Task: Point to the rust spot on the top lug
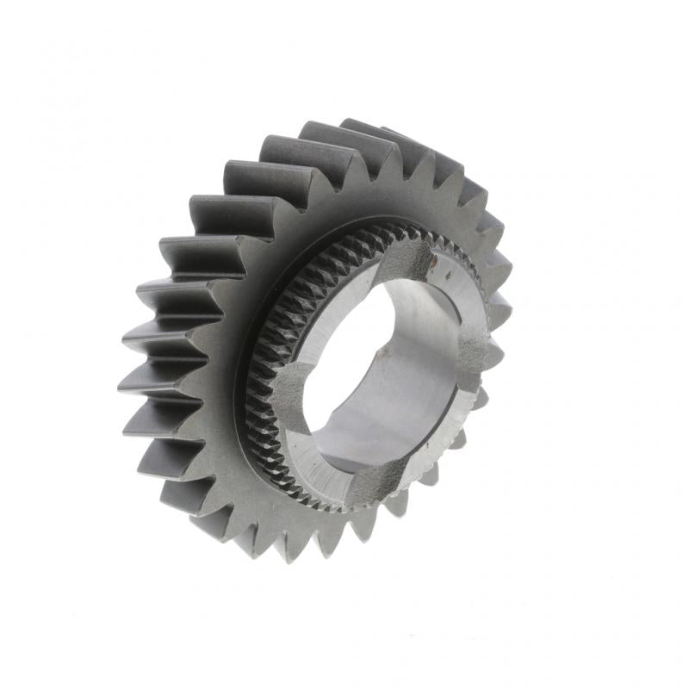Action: click(433, 258)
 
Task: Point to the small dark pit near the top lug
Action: click(448, 276)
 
